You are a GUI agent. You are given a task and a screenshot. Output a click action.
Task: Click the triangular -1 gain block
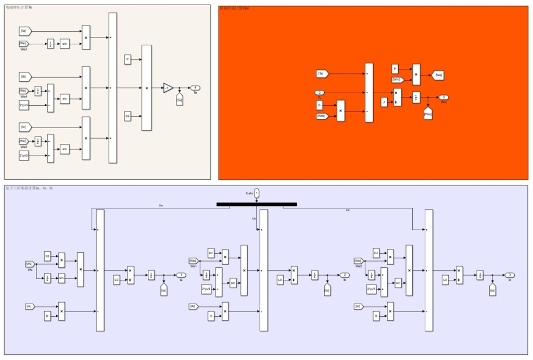tap(168, 88)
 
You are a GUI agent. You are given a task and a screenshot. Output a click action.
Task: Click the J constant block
tap(384, 102)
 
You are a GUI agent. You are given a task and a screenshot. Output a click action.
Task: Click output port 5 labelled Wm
tap(443, 97)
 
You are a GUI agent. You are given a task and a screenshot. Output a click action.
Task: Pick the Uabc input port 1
tap(257, 193)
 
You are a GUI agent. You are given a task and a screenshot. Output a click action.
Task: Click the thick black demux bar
tap(257, 204)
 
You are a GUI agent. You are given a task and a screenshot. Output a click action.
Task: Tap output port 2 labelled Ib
tap(345, 275)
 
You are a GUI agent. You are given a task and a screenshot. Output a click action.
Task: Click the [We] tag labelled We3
tap(24, 43)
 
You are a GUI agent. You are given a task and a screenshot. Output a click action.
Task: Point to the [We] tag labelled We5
tap(24, 141)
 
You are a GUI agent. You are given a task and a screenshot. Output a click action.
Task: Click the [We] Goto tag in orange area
tap(439, 75)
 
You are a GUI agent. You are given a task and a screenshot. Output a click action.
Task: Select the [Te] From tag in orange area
tap(322, 73)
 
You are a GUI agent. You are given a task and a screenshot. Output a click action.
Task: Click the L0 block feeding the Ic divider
tap(446, 280)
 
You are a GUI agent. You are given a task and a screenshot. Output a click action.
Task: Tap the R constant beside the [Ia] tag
tap(48, 316)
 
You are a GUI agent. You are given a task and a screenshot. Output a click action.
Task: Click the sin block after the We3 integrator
tap(65, 43)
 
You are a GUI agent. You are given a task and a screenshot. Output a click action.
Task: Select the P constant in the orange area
tap(395, 69)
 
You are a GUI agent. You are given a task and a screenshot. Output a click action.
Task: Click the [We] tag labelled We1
tap(193, 260)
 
